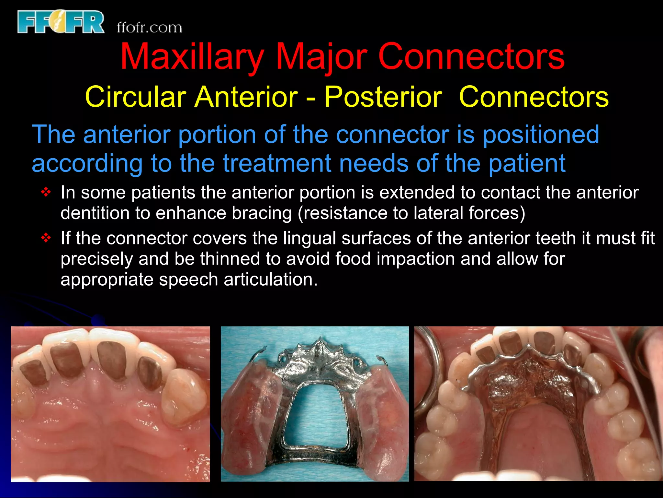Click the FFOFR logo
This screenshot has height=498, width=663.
[61, 22]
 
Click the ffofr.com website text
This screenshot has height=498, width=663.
[149, 28]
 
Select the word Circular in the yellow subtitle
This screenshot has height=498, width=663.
[135, 97]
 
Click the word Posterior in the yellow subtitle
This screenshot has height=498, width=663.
[383, 97]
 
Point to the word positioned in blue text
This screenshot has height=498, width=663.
[541, 134]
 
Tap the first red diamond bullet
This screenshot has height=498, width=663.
[46, 193]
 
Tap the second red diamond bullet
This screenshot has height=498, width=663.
[46, 238]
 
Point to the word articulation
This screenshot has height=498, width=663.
[271, 279]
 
